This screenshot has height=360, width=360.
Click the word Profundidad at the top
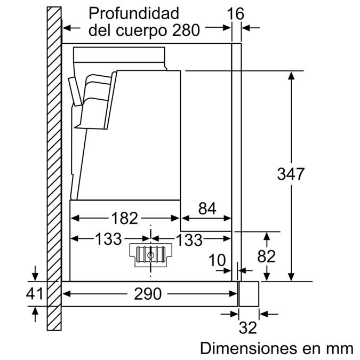tap(134, 12)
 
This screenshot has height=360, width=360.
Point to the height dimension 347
tap(291, 174)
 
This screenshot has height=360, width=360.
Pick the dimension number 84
tap(208, 209)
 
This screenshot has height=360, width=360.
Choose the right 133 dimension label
tap(189, 239)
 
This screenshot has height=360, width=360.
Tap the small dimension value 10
tap(218, 260)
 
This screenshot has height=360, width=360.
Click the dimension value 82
tap(266, 257)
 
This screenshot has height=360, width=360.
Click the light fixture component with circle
tap(151, 255)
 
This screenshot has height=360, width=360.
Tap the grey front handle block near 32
tap(249, 293)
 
